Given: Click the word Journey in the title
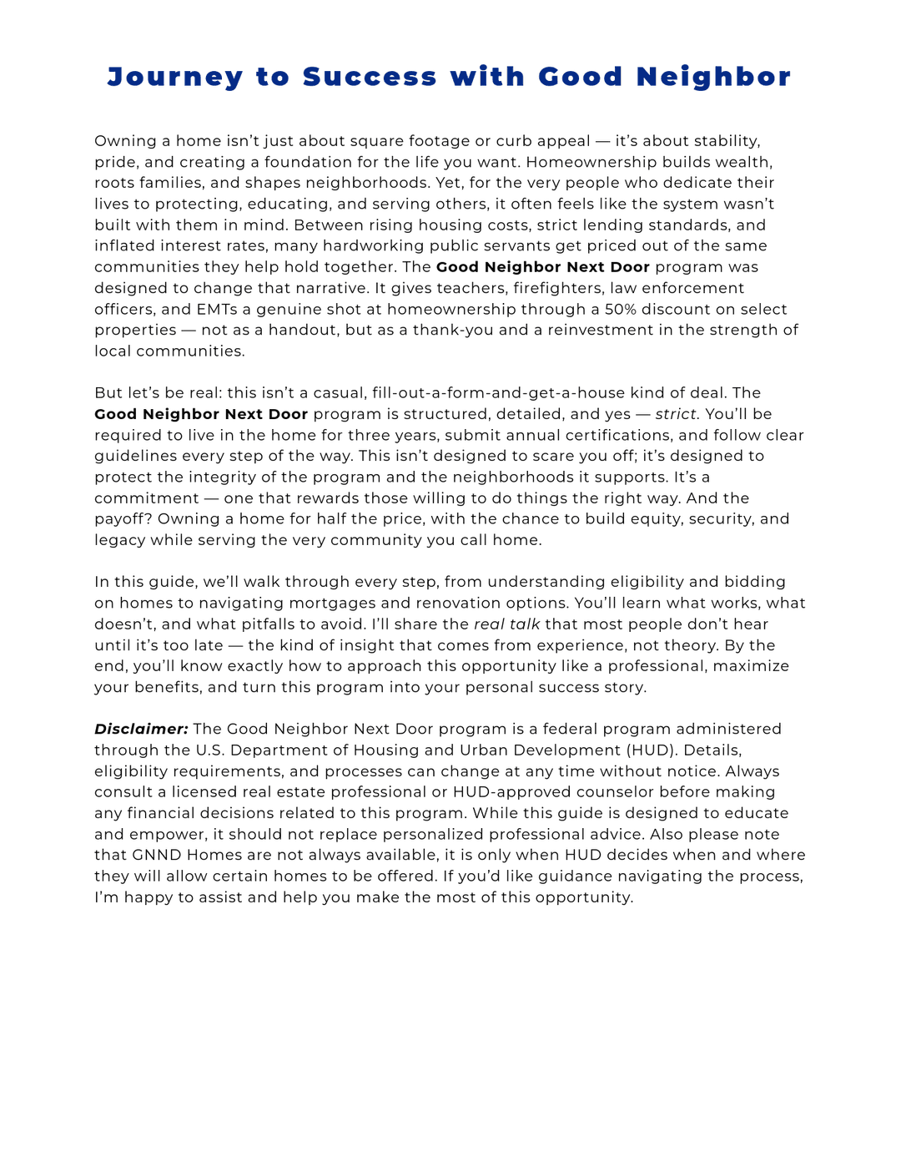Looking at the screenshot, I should [174, 77].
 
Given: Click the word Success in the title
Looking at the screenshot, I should [370, 77].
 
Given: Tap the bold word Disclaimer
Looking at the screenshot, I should [141, 729].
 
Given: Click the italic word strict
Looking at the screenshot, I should [676, 414].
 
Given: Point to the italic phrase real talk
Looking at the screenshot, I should [506, 624].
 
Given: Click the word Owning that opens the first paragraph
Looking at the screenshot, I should [124, 141].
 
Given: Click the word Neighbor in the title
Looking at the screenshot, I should [713, 77].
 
